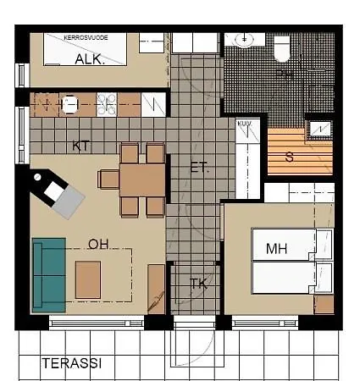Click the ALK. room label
89,59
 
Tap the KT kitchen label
81,146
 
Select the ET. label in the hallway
200,168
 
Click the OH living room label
98,244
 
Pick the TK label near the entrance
198,284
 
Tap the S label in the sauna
290,157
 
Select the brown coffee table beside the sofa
87,279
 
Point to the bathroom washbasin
245,40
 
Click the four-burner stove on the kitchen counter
106,105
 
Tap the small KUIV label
245,124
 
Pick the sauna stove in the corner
320,128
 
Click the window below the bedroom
266,322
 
